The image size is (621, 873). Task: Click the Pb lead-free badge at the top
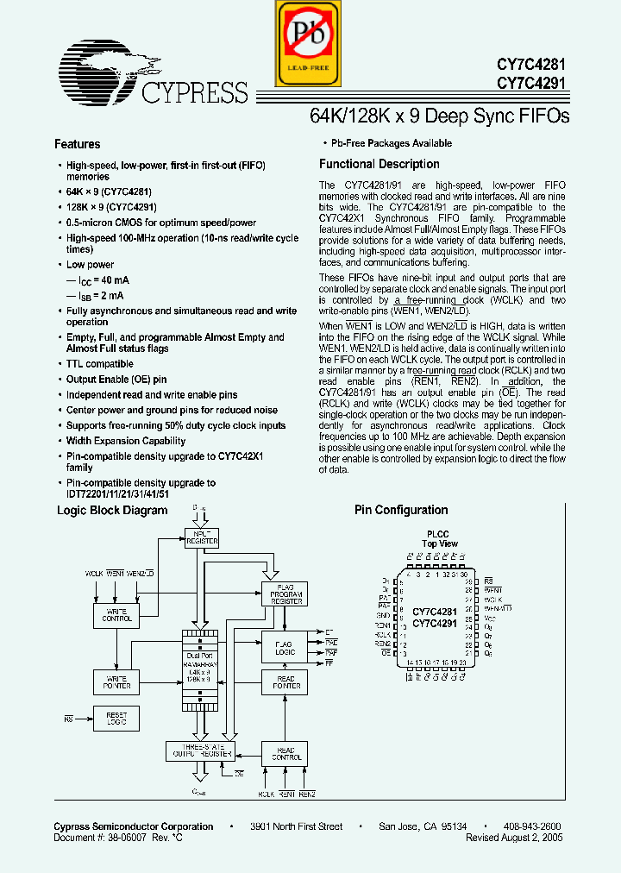click(x=303, y=43)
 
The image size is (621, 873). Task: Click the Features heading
click(x=78, y=144)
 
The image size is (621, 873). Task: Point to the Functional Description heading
click(x=379, y=164)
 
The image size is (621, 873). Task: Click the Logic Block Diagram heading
click(x=112, y=510)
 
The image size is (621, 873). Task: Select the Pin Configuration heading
click(x=401, y=510)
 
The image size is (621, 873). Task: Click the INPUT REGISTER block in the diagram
click(x=202, y=537)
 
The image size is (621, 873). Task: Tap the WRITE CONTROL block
click(x=116, y=614)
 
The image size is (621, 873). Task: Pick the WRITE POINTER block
click(x=116, y=682)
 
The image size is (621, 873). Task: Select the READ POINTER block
click(x=284, y=682)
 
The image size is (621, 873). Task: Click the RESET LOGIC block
click(x=116, y=718)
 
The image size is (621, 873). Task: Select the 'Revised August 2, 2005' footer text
click(x=514, y=838)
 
